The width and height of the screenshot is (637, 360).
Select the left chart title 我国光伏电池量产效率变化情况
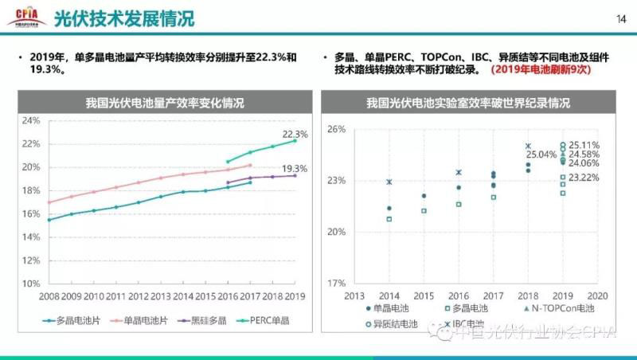click(165, 104)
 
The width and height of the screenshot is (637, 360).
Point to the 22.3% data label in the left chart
click(295, 134)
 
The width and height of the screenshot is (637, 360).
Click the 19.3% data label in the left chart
click(295, 169)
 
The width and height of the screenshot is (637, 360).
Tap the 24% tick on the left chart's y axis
click(31, 121)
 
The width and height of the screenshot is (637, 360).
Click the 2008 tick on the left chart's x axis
click(48, 296)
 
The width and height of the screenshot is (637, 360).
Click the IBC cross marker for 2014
click(389, 182)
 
